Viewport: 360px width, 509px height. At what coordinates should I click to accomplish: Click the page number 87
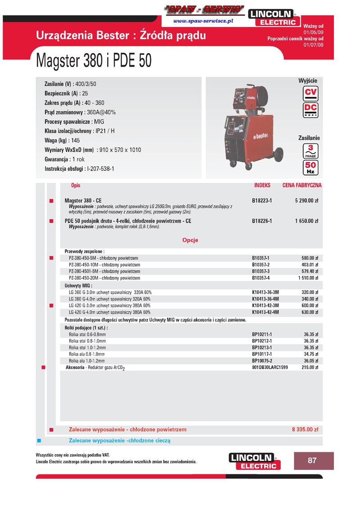tap(312, 460)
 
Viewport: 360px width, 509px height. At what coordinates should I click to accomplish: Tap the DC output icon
tap(310, 110)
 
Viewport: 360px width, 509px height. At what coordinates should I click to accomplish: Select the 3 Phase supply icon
tap(310, 151)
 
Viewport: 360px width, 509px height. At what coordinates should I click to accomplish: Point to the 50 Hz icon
tap(310, 167)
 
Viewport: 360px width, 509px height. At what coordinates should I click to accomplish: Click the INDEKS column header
tap(262, 185)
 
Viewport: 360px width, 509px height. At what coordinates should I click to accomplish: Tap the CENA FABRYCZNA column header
tap(302, 185)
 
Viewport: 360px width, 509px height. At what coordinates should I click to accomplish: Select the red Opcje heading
tap(190, 240)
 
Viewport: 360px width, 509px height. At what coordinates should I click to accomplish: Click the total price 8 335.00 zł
tap(305, 430)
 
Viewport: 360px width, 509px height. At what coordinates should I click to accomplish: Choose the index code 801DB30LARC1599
tap(270, 368)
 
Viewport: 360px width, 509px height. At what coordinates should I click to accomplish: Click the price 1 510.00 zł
tap(308, 278)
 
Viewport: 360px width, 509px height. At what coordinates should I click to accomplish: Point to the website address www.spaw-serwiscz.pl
tap(203, 21)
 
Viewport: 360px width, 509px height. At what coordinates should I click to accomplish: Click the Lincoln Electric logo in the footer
tap(254, 461)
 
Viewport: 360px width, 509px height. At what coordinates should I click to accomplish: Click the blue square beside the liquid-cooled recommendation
tap(39, 441)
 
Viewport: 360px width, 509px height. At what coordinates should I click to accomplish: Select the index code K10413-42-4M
tap(265, 312)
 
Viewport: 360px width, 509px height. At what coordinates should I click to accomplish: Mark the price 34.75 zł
tap(311, 354)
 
